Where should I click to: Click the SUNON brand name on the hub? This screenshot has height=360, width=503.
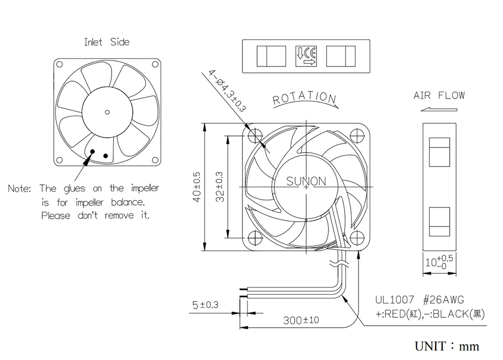click(306, 181)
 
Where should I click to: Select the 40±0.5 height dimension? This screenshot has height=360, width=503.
click(197, 187)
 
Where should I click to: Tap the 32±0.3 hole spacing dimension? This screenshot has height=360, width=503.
click(220, 187)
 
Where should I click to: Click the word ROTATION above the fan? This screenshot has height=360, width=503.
click(304, 98)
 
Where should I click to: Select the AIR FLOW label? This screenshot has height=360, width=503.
click(439, 95)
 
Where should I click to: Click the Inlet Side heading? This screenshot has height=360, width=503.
click(107, 42)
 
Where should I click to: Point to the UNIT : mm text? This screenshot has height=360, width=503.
click(447, 346)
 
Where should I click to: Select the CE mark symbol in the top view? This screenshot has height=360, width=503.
click(306, 56)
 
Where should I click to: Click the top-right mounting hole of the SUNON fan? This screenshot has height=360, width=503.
click(358, 135)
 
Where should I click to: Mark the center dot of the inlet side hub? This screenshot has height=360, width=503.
click(107, 111)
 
